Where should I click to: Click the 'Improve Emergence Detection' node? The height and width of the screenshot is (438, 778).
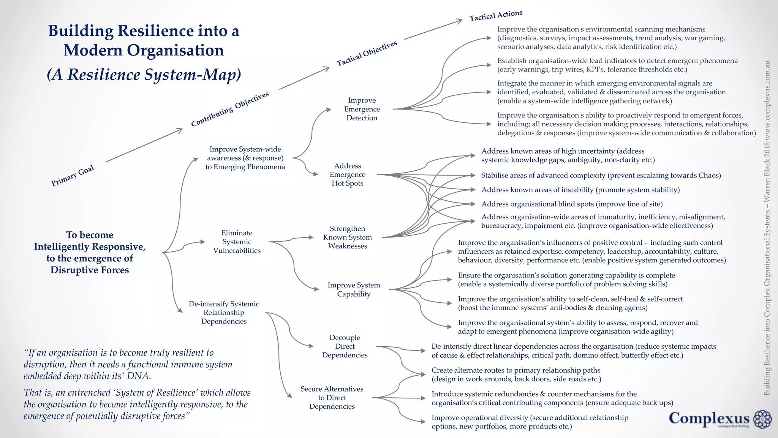point(362,109)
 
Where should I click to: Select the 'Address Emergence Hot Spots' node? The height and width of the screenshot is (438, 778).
point(347,175)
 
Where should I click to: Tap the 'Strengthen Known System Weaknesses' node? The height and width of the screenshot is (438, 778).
point(347,237)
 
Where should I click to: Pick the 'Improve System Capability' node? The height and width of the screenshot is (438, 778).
point(354,289)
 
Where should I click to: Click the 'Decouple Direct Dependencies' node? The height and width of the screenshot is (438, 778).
point(345,346)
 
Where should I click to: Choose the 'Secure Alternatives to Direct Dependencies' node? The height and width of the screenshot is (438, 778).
point(332,398)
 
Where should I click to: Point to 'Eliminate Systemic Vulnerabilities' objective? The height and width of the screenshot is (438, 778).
point(237,242)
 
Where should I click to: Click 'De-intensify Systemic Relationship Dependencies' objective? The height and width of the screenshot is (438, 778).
point(224,313)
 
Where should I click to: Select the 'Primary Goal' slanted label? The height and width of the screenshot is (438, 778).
point(73,176)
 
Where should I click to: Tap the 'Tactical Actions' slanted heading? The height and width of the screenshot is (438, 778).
point(496,16)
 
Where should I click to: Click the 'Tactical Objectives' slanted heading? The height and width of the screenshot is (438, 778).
point(367,53)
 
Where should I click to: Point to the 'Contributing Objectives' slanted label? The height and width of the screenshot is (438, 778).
point(230,109)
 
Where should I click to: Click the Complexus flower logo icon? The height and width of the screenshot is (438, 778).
point(762,419)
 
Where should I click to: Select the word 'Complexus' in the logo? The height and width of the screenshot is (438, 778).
point(709,418)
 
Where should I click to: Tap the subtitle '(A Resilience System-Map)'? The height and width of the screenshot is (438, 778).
point(144,75)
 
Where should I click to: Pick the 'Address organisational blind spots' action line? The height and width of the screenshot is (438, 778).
point(572,204)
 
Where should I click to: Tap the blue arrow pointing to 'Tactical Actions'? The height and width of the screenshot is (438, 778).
point(433,29)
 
